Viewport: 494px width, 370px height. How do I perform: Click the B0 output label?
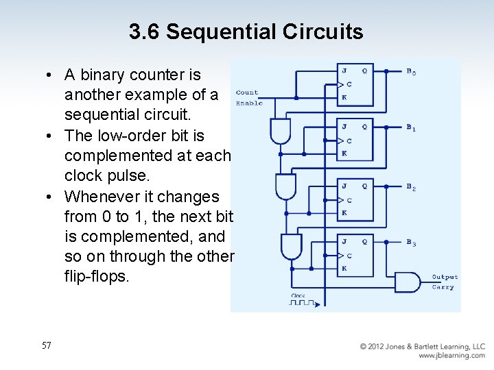411,72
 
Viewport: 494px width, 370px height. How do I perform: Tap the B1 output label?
411,128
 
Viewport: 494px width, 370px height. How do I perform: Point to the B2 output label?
411,187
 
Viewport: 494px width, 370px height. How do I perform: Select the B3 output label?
411,243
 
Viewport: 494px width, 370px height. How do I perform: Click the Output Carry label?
444,282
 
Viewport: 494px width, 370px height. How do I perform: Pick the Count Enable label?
248,97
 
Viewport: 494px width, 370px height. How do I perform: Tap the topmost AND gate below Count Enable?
281,130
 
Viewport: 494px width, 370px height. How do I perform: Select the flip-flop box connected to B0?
355,85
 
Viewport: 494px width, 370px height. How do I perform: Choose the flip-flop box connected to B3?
355,256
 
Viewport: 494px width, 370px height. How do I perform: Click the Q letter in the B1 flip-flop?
364,127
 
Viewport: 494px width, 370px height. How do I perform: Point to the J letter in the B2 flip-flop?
344,186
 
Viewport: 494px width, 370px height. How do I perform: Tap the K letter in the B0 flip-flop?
344,98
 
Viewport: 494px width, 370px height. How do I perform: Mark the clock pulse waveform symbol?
302,302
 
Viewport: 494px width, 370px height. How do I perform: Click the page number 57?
46,346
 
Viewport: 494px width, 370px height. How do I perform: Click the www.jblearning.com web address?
451,356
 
